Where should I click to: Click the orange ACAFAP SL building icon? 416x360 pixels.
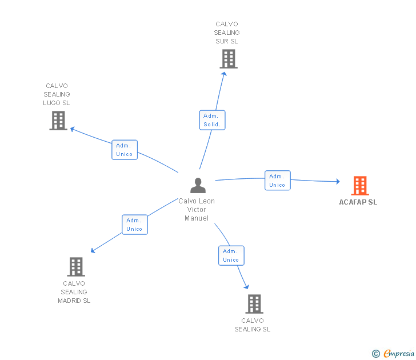pyautogui.click(x=360, y=186)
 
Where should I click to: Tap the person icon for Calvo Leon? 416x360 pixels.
pyautogui.click(x=198, y=185)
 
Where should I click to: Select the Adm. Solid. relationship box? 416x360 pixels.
pyautogui.click(x=212, y=120)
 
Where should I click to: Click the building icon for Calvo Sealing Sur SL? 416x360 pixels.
pyautogui.click(x=229, y=59)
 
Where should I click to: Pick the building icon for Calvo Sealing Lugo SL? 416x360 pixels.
pyautogui.click(x=58, y=121)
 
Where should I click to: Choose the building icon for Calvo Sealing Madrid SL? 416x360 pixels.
pyautogui.click(x=76, y=267)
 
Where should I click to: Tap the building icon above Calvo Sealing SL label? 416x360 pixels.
pyautogui.click(x=254, y=304)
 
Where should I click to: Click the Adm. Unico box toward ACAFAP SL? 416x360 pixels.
pyautogui.click(x=278, y=181)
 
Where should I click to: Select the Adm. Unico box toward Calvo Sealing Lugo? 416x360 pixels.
pyautogui.click(x=125, y=150)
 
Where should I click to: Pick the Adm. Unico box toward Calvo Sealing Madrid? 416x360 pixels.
pyautogui.click(x=135, y=225)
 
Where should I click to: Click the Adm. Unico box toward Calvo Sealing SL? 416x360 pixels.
pyautogui.click(x=231, y=255)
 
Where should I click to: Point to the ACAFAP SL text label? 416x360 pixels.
pyautogui.click(x=358, y=202)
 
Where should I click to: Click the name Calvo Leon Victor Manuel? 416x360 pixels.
pyautogui.click(x=197, y=210)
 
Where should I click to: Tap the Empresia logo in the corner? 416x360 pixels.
pyautogui.click(x=399, y=353)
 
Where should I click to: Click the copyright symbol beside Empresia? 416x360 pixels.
pyautogui.click(x=376, y=354)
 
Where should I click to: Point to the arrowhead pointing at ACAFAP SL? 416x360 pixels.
pyautogui.click(x=338, y=182)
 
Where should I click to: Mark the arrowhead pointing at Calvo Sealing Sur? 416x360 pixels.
pyautogui.click(x=224, y=74)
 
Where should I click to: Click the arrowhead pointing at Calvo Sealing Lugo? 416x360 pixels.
pyautogui.click(x=72, y=129)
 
